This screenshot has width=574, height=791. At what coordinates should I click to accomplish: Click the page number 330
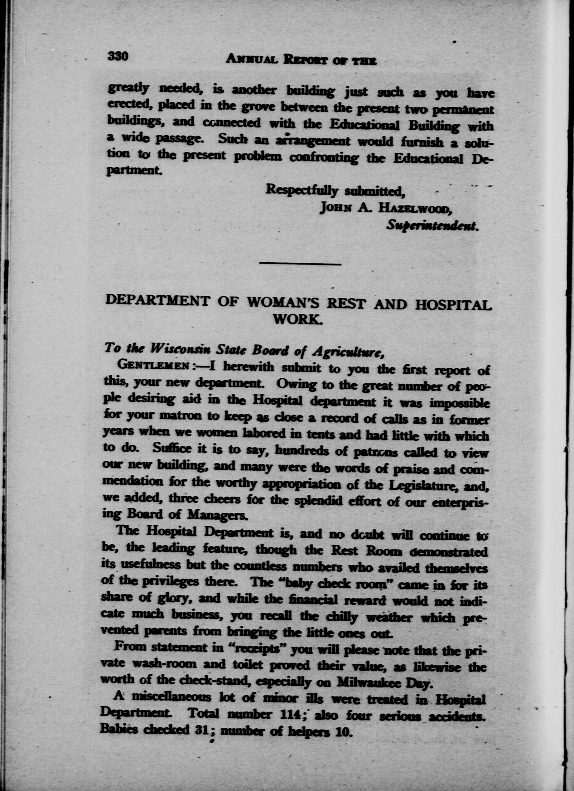tap(118, 56)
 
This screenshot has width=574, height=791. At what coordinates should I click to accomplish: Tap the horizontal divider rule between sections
tap(300, 264)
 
